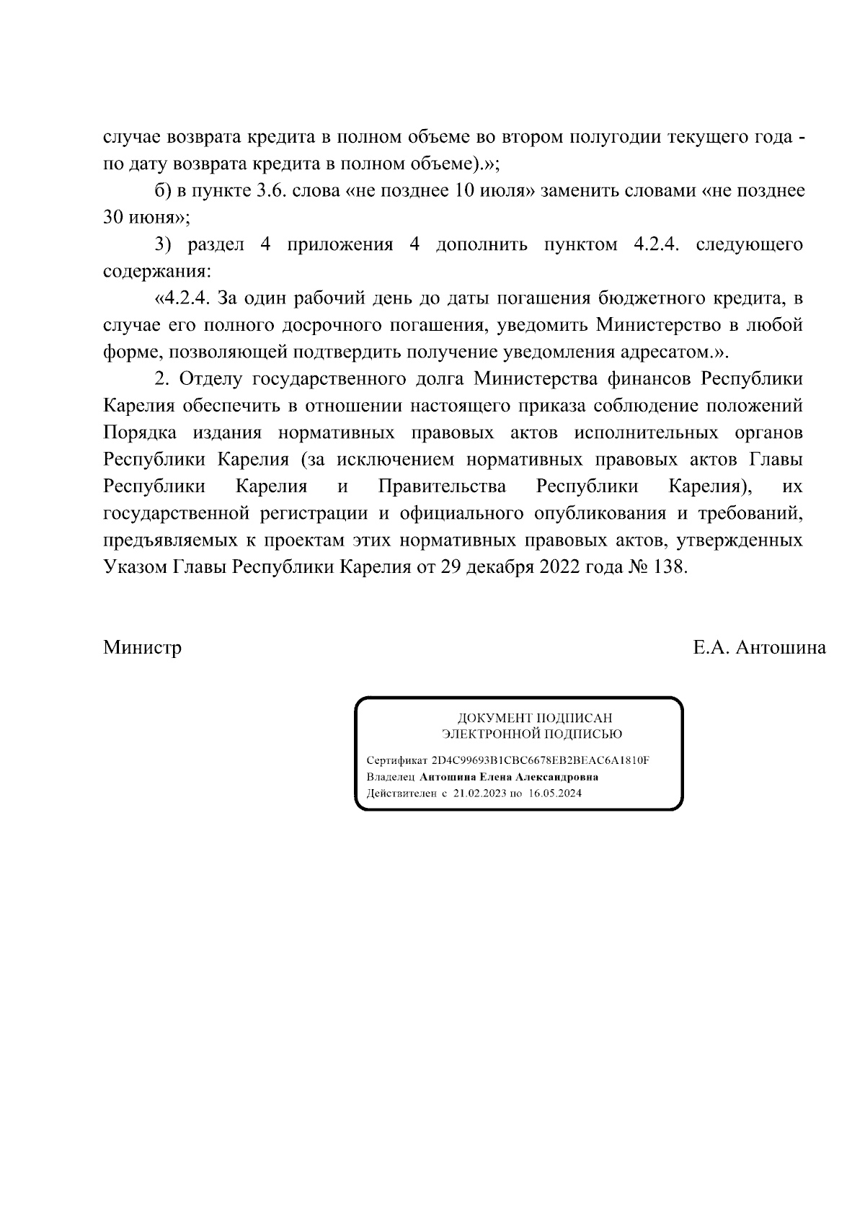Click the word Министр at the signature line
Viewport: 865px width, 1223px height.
[x=142, y=648]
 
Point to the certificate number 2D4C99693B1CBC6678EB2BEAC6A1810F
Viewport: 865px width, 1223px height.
[x=541, y=761]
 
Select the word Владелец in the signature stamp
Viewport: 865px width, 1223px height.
[x=391, y=778]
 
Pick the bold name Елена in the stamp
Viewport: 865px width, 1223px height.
[x=497, y=778]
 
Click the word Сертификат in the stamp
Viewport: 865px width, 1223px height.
[x=397, y=761]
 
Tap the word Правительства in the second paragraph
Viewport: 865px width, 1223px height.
[x=442, y=486]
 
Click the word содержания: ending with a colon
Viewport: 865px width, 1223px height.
[x=157, y=272]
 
